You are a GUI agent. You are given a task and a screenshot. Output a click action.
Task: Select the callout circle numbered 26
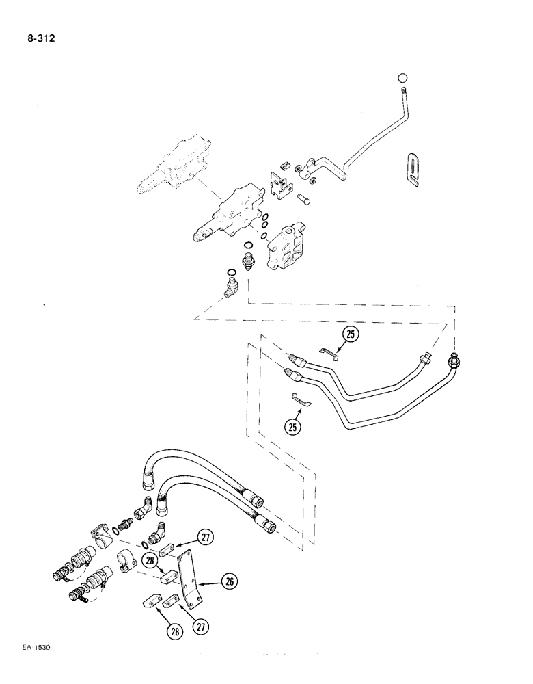click(x=230, y=581)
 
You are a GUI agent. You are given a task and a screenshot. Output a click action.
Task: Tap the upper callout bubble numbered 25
click(x=350, y=334)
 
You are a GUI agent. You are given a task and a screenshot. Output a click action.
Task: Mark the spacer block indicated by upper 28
click(x=167, y=575)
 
